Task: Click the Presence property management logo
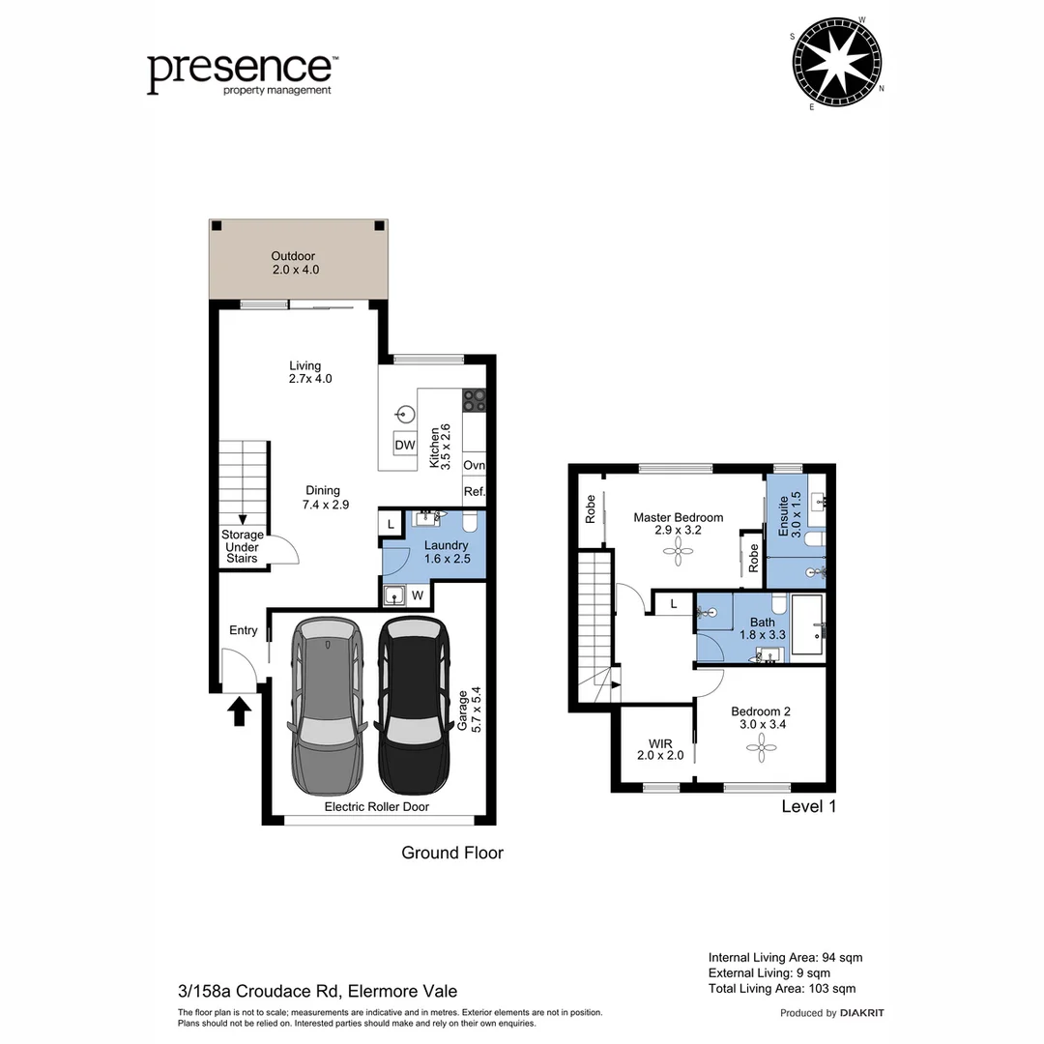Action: point(241,73)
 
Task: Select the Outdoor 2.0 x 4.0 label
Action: point(294,264)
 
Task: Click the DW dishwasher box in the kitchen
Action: point(405,445)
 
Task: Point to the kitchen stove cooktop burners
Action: point(474,400)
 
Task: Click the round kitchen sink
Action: point(405,415)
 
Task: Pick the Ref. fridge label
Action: point(474,492)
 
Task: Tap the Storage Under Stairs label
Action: point(242,546)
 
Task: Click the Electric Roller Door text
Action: point(376,806)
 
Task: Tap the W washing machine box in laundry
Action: point(417,594)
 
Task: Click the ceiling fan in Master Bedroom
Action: point(678,552)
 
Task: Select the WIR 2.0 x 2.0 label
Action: point(660,749)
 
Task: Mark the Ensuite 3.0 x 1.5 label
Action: point(789,514)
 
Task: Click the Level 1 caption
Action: point(807,806)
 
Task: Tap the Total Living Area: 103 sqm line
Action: point(781,988)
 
